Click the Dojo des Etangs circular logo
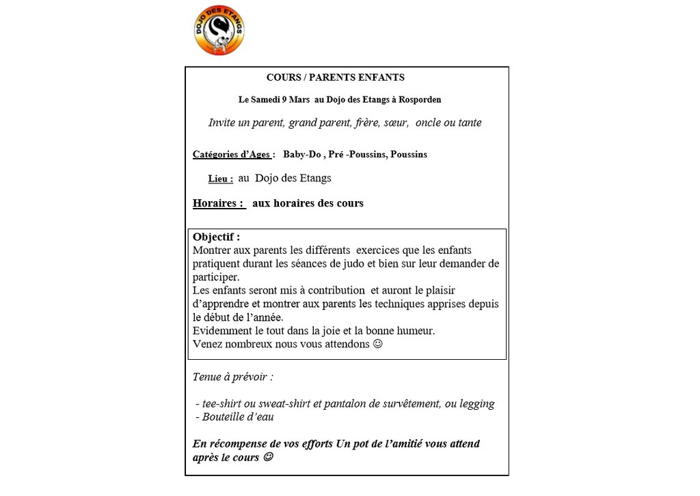(x=219, y=30)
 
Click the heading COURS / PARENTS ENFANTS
(x=335, y=78)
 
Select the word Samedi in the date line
(x=265, y=100)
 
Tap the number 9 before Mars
(x=284, y=100)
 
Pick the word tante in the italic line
(x=468, y=123)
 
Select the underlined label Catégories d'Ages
(x=232, y=155)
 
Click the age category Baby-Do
(x=301, y=155)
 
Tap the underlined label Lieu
(x=219, y=179)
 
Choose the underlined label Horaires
(x=218, y=203)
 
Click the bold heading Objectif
(x=216, y=237)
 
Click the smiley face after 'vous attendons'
(x=378, y=344)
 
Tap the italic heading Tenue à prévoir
(x=232, y=377)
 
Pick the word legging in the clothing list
(x=477, y=404)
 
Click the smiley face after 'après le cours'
(x=268, y=457)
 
